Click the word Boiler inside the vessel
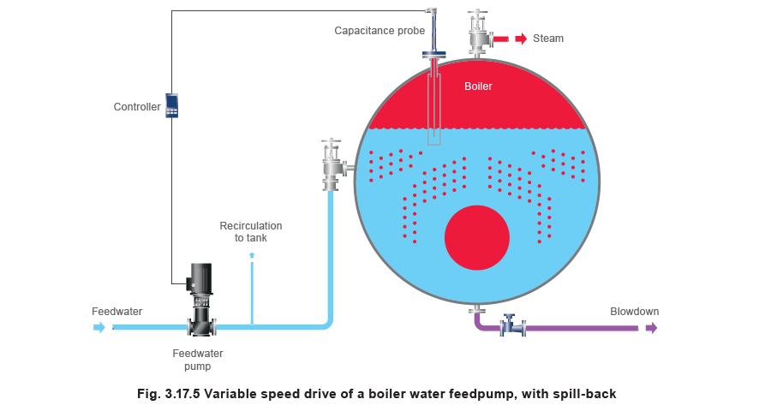(478, 86)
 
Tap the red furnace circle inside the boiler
(477, 238)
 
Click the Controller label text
(136, 107)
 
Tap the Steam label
(548, 39)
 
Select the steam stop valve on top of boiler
(478, 33)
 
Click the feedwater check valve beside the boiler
(332, 164)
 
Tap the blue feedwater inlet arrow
(99, 326)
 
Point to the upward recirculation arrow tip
(251, 255)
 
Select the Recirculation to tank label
(250, 231)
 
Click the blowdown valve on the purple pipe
(513, 325)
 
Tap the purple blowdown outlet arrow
(651, 326)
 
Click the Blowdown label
(635, 312)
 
